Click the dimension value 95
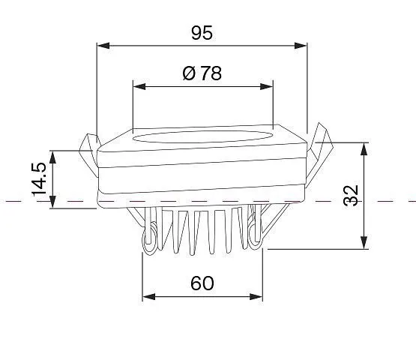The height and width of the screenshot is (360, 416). pos(202,33)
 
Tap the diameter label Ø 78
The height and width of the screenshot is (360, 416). pos(202,73)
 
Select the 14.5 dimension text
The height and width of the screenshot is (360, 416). pos(39,179)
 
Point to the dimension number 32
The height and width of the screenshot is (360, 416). pos(351,196)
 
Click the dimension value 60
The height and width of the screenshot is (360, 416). pos(202,283)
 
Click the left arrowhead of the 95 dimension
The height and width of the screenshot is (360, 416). pos(103,46)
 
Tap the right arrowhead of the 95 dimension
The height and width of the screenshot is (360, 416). pos(301,46)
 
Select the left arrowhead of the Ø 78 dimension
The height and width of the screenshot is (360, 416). pos(139,86)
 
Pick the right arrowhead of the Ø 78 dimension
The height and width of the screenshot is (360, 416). pos(266,86)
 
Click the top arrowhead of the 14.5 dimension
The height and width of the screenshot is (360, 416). pos(53,157)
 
